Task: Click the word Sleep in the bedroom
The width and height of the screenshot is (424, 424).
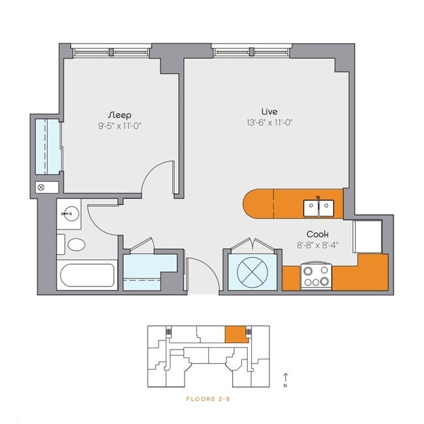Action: (x=119, y=114)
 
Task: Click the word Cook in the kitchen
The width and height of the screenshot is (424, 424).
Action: (x=317, y=234)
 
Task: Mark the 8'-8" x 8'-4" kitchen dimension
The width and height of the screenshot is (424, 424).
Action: (x=317, y=245)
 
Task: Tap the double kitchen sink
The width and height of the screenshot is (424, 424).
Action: (x=318, y=208)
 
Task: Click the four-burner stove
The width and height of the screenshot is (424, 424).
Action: (x=316, y=276)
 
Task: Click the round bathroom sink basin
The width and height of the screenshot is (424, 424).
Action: (x=68, y=214)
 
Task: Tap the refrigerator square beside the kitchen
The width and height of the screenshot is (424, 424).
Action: (x=367, y=235)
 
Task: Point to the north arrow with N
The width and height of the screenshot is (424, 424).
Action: (x=285, y=380)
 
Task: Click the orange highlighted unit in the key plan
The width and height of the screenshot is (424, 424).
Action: (x=236, y=334)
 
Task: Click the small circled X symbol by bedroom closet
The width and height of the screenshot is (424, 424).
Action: (x=41, y=187)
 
